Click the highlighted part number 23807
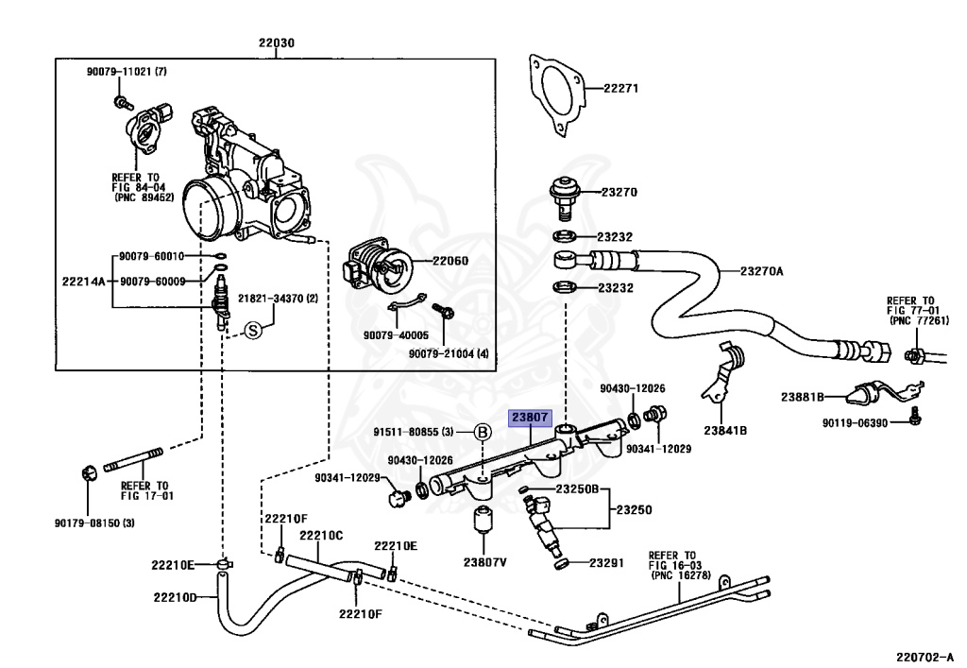pos(530,418)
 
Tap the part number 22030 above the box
pos(277,43)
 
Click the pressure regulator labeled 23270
pos(565,197)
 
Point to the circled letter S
pos(253,330)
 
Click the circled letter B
pos(483,433)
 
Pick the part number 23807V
pos(484,562)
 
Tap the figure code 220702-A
pos(925,658)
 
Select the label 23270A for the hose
pos(762,271)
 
